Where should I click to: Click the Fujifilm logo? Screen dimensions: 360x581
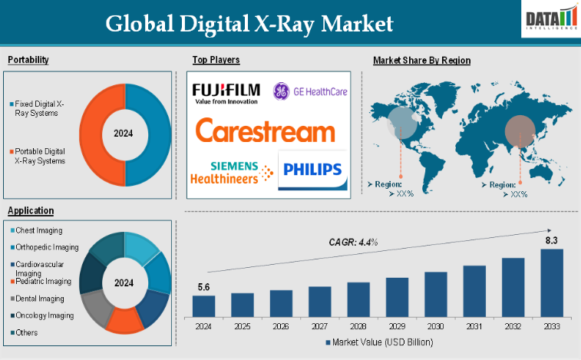point(226,93)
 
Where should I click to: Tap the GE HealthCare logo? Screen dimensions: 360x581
point(310,92)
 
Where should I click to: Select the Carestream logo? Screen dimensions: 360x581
point(265,130)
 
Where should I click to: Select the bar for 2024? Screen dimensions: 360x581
point(203,306)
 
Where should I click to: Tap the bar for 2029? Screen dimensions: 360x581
point(397,297)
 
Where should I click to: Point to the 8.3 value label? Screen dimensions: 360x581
point(551,241)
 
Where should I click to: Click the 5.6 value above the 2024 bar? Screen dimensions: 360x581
point(203,287)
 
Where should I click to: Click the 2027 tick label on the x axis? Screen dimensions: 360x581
point(319,325)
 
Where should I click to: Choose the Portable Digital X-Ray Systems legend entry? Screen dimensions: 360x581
point(39,157)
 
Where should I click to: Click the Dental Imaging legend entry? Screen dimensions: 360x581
point(38,298)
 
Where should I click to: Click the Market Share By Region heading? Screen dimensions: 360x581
point(421,60)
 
